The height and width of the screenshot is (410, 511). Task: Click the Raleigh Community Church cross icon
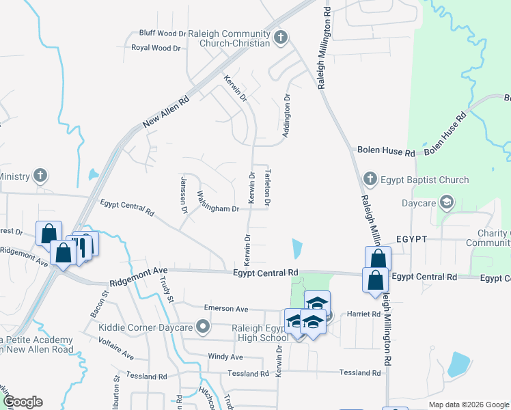click(280, 38)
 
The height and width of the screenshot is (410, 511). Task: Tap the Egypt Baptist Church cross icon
click(370, 180)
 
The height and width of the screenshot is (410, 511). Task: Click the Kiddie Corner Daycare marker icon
click(202, 327)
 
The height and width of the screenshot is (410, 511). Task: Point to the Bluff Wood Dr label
click(163, 33)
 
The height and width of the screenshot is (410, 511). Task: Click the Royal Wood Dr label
click(156, 48)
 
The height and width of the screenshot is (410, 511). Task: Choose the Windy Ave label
click(225, 357)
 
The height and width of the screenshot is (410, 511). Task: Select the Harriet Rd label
click(365, 314)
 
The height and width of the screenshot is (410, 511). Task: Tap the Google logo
click(23, 402)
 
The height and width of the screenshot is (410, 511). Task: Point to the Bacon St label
click(105, 305)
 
